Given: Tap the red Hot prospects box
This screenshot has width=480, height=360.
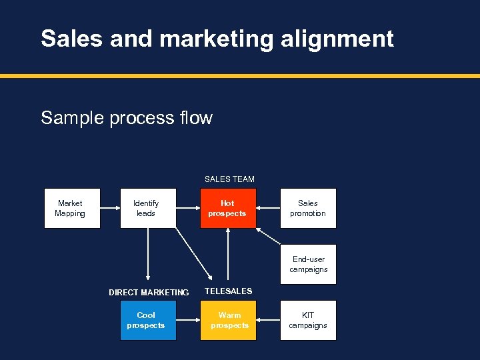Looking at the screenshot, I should pos(228,208).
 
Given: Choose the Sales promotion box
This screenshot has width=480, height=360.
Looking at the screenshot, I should pos(308,208).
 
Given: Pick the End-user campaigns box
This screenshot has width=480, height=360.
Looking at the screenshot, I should pos(308,264).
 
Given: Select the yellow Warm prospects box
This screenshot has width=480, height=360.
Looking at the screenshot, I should pos(228,320).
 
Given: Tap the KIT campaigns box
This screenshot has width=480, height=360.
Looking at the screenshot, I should pos(308,320).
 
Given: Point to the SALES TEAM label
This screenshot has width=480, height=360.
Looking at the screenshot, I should pos(229,179).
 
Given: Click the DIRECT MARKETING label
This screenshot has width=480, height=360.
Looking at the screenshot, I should pos(149,292).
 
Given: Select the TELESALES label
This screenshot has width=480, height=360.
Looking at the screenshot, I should pos(228,291).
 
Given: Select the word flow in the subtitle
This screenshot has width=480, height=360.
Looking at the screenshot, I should pos(196,118).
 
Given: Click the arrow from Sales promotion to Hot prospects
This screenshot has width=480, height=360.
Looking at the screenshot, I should pos(268,208).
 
